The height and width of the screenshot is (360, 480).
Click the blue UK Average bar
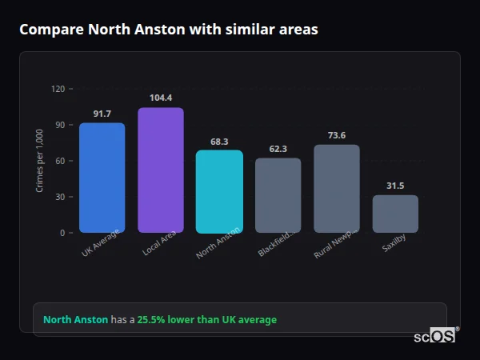102,178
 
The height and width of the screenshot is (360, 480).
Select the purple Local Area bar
160,170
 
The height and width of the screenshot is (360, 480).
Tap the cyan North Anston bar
219,192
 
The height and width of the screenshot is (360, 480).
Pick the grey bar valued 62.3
278,195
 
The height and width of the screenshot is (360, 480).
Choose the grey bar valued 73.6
337,189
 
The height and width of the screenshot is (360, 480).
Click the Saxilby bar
395,214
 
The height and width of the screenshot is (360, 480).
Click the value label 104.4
161,98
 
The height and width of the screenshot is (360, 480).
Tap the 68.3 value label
219,142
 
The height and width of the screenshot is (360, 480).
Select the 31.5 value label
395,186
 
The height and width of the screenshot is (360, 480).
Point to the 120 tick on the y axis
58,89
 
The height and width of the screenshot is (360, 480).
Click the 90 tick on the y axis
59,125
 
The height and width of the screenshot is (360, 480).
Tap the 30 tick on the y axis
59,197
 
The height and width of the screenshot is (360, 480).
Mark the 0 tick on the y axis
62,233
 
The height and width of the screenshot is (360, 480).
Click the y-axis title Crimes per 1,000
40,161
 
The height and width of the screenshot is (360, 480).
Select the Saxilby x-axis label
394,244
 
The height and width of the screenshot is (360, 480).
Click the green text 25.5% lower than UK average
206,320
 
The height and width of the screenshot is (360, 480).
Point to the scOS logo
435,337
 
